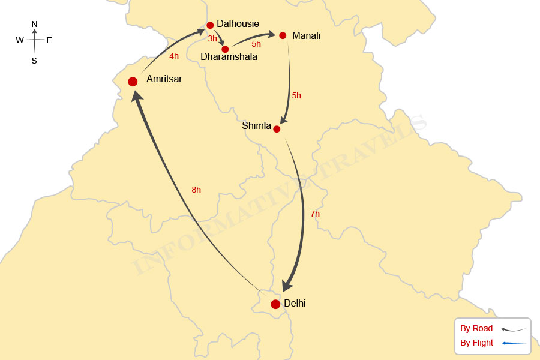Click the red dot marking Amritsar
click(x=133, y=82)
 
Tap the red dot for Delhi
click(x=275, y=304)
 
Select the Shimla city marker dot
click(x=277, y=129)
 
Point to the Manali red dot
click(x=283, y=35)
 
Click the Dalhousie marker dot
click(x=210, y=25)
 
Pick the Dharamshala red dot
click(x=225, y=49)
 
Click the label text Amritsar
click(x=164, y=79)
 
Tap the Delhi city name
click(x=295, y=304)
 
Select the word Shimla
click(x=257, y=126)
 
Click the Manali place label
click(x=306, y=36)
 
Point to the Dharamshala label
click(x=229, y=57)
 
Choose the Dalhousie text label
click(x=238, y=24)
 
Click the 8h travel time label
click(x=196, y=190)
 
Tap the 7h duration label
click(x=315, y=214)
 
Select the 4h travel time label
click(x=174, y=56)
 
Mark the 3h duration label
click(x=212, y=39)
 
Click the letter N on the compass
click(x=34, y=24)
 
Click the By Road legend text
click(x=476, y=328)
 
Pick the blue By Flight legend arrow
click(x=515, y=343)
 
